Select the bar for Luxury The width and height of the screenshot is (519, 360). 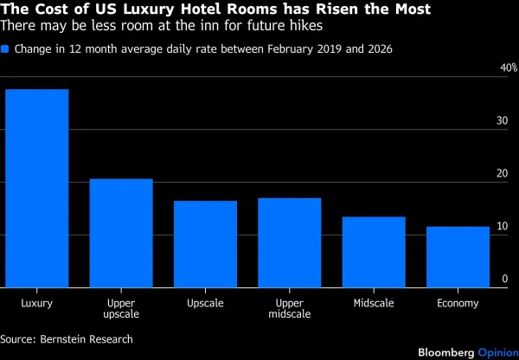pos(36,188)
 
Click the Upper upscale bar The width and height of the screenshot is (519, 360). pos(121,233)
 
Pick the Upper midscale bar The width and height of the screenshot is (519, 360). pos(289,242)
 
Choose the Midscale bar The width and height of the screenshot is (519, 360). pos(373,252)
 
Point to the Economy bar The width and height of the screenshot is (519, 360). pos(458,257)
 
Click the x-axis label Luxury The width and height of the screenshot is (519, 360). pos(37,303)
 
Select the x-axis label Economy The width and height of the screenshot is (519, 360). pos(458,303)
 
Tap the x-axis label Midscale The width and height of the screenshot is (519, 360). pos(374,303)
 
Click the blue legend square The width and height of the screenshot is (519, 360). pos(5,49)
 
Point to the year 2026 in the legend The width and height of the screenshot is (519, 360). pos(379,49)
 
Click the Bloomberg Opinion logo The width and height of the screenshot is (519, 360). pos(468,353)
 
